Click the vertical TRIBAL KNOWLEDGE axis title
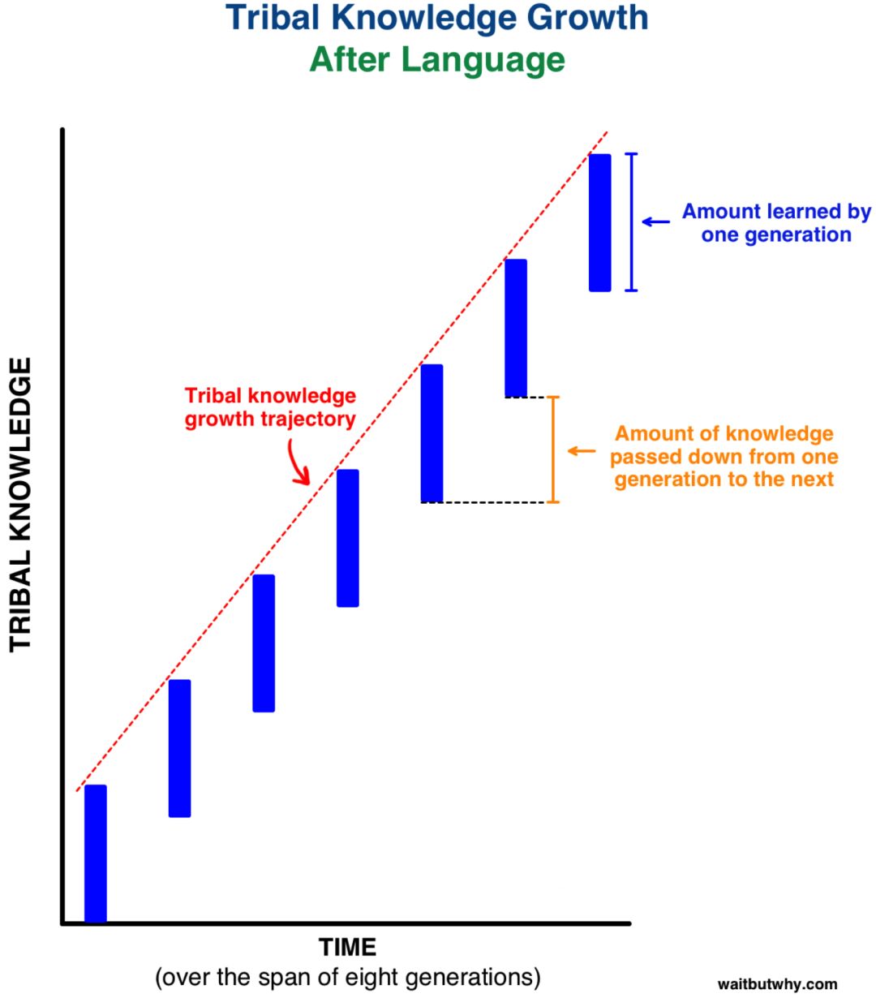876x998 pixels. tap(20, 505)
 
